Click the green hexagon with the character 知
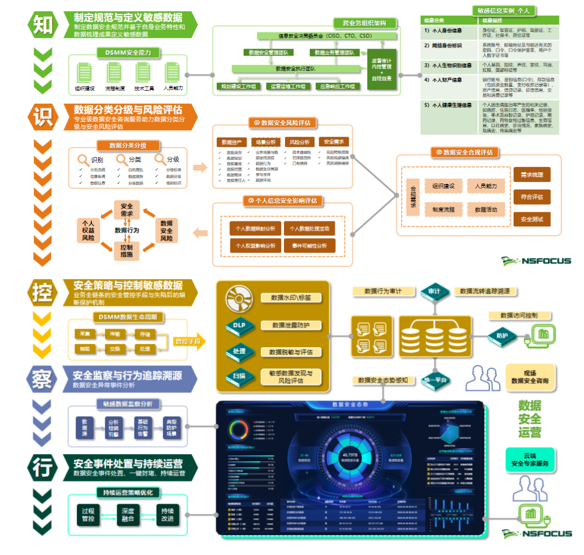click(43, 24)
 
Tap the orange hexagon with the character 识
click(43, 116)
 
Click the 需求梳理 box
click(532, 175)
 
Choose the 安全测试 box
click(532, 219)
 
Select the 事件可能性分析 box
click(309, 246)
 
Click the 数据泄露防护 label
click(291, 325)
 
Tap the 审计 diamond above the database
click(434, 291)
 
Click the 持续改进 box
click(168, 515)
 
